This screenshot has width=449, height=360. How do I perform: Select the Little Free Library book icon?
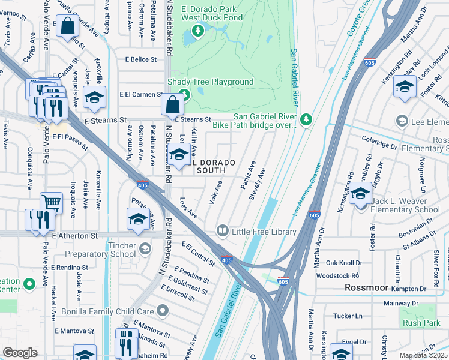(x=222, y=231)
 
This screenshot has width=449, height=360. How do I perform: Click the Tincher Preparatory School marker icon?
(x=144, y=248)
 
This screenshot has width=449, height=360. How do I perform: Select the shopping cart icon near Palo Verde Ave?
(x=51, y=203)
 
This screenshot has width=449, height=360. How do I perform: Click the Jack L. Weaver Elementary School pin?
(x=360, y=195)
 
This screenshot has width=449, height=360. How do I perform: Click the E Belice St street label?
(x=140, y=59)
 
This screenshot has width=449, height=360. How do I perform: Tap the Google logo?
(x=20, y=353)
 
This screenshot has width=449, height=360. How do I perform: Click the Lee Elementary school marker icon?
(x=402, y=122)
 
